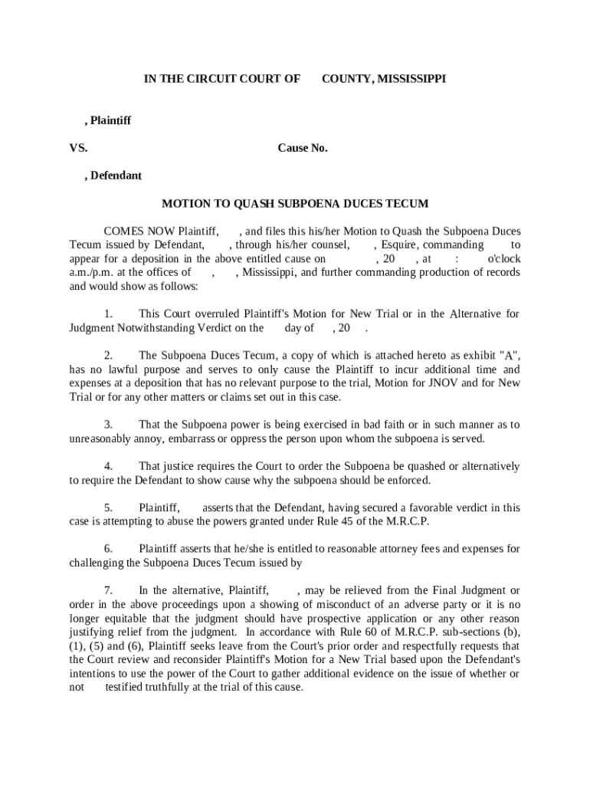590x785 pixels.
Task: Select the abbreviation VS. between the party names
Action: pyautogui.click(x=78, y=148)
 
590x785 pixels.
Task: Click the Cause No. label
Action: pyautogui.click(x=303, y=148)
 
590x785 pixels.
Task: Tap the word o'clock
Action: pyautogui.click(x=503, y=259)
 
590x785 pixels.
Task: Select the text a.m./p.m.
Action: pyautogui.click(x=92, y=272)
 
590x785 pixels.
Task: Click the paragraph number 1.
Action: pyautogui.click(x=108, y=314)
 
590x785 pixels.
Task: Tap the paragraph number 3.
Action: pyautogui.click(x=108, y=425)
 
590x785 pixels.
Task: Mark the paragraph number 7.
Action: pyautogui.click(x=108, y=591)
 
